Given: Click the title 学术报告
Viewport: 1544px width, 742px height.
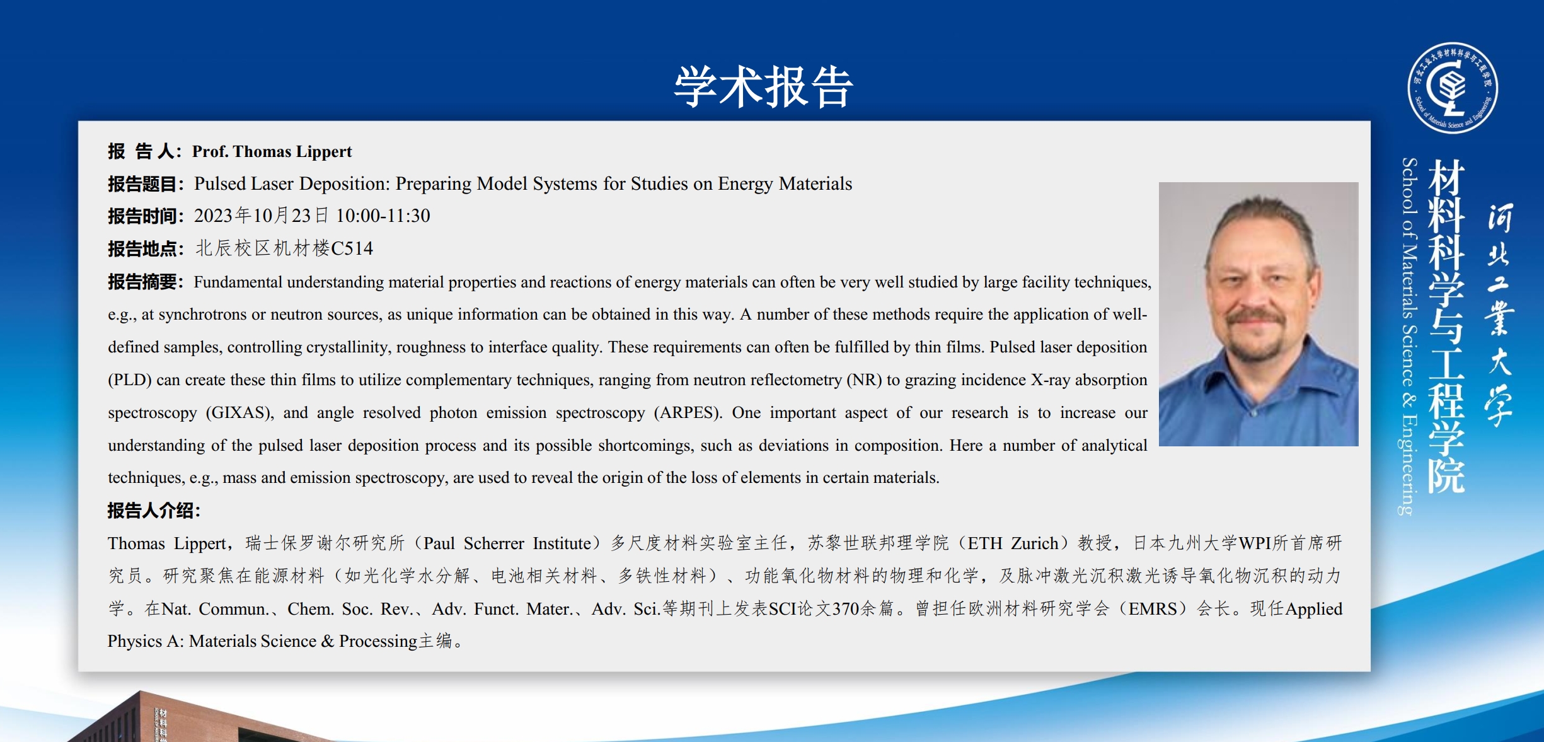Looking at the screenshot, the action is tap(763, 86).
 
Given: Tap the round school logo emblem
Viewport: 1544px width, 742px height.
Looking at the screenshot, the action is tap(1453, 88).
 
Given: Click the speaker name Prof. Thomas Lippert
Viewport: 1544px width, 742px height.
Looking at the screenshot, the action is tap(272, 151).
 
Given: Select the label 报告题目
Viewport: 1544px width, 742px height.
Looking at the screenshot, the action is tap(142, 184).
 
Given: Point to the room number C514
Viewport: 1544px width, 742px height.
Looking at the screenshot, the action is tap(352, 248).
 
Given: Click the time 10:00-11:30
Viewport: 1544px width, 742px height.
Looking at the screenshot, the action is tap(383, 216).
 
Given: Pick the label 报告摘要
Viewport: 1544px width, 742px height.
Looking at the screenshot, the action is tap(142, 282).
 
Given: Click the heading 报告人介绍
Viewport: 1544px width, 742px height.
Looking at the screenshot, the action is tap(150, 511).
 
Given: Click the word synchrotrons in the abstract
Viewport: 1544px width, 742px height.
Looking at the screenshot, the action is tap(202, 315).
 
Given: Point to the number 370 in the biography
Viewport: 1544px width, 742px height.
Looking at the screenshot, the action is tap(846, 608).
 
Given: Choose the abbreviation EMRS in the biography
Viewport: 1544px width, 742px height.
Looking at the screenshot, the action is tap(1153, 608).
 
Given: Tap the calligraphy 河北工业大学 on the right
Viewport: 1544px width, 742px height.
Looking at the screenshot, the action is tap(1500, 315).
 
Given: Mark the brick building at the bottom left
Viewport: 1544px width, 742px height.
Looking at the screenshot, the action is tap(189, 719).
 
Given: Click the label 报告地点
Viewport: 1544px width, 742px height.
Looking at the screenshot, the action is tap(142, 249).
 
